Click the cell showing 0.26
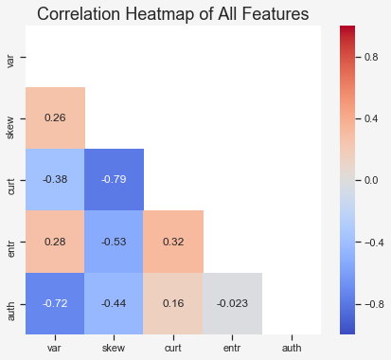(x=55, y=117)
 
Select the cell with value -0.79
(x=115, y=179)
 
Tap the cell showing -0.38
(x=55, y=179)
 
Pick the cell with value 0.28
(x=55, y=242)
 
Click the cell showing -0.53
(x=115, y=242)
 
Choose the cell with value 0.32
(x=173, y=242)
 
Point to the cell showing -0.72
(x=55, y=303)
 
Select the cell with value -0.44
(x=115, y=303)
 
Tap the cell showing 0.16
(x=173, y=303)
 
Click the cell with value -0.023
(x=232, y=303)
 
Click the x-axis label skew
(x=114, y=348)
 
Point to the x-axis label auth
(x=292, y=348)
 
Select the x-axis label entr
(x=232, y=348)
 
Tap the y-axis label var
(x=10, y=61)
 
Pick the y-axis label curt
(x=10, y=187)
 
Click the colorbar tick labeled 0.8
(x=371, y=57)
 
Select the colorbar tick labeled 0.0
(x=371, y=180)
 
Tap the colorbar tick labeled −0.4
(x=374, y=243)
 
